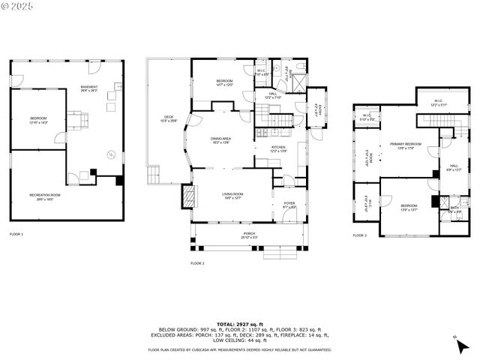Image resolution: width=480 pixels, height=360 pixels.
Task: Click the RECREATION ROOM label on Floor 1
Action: click(x=45, y=196)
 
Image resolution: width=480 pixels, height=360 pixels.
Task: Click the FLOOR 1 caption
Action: click(x=16, y=235)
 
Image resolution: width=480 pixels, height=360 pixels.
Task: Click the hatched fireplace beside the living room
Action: click(x=187, y=196)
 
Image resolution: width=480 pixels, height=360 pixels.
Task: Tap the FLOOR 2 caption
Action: click(x=197, y=263)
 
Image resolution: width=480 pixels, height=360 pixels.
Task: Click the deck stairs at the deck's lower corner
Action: click(x=154, y=175)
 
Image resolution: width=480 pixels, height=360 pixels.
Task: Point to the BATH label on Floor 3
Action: click(x=454, y=209)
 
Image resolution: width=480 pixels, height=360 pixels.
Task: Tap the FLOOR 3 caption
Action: click(x=360, y=235)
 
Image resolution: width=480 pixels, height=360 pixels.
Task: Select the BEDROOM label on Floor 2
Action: click(x=225, y=82)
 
